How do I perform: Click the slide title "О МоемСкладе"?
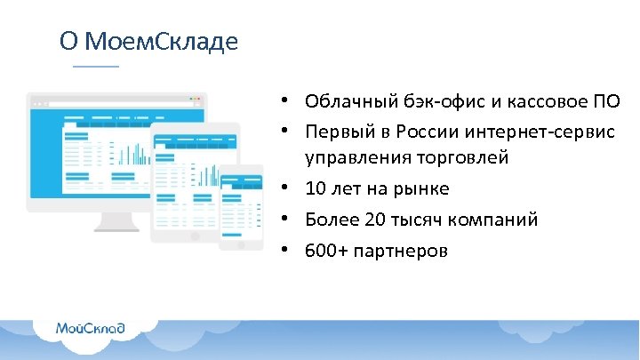click(x=148, y=42)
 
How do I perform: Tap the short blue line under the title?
click(x=95, y=67)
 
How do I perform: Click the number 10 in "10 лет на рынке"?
click(x=316, y=188)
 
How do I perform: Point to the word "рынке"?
click(x=423, y=188)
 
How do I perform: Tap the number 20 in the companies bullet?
click(x=372, y=220)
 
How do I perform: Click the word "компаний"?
click(x=493, y=220)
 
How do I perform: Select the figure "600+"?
click(x=325, y=251)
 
